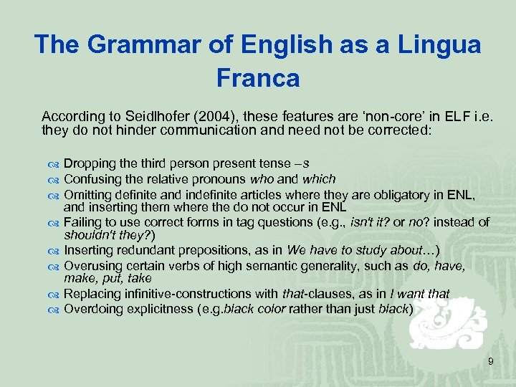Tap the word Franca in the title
(257, 77)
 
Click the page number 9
(490, 362)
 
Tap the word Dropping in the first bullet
(89, 163)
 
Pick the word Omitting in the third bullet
(87, 193)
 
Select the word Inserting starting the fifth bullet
(87, 250)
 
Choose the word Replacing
(91, 293)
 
